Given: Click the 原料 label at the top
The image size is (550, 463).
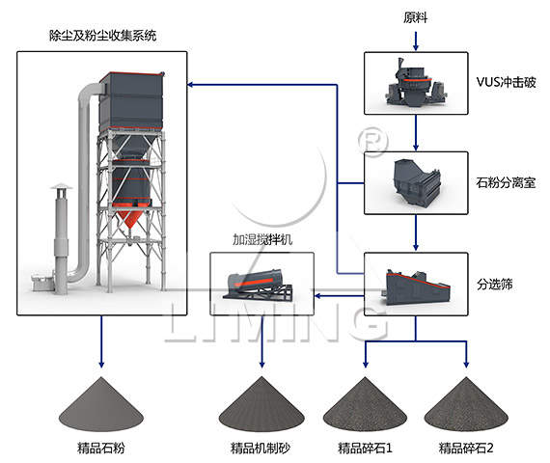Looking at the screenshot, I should point(415,18).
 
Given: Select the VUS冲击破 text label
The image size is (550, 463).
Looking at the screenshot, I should point(506,83).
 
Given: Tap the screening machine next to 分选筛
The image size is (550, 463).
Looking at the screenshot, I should point(415,284).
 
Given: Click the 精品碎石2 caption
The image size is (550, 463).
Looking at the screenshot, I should point(467,448).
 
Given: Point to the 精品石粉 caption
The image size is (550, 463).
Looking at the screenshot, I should point(101,448).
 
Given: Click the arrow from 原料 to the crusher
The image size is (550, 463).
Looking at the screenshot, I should point(415,40).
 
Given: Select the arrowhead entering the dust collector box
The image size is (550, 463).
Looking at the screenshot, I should point(192,85).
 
